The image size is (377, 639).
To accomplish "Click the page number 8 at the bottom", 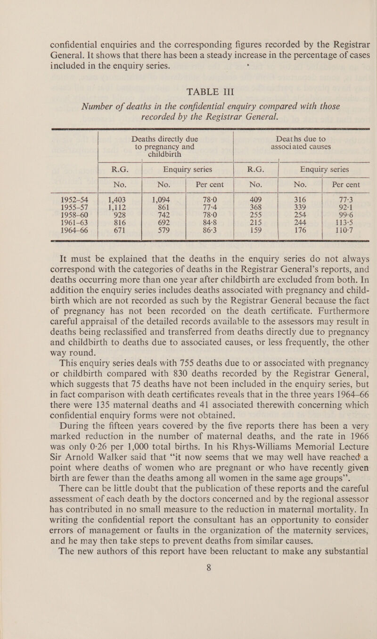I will click(x=188, y=619).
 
